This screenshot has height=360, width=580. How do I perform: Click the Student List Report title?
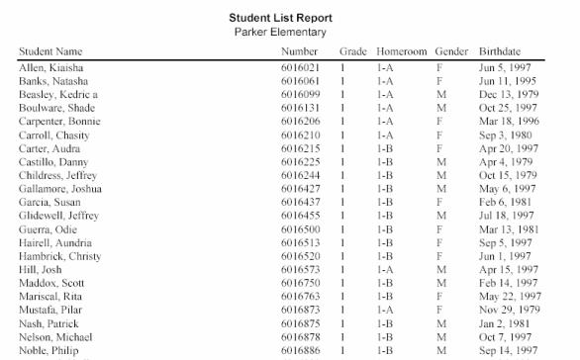[x=280, y=18]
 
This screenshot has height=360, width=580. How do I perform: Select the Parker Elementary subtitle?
[x=280, y=32]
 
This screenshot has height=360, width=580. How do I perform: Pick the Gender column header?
[x=451, y=50]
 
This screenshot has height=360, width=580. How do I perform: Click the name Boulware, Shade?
[x=56, y=108]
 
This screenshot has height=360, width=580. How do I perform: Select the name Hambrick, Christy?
[x=59, y=255]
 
